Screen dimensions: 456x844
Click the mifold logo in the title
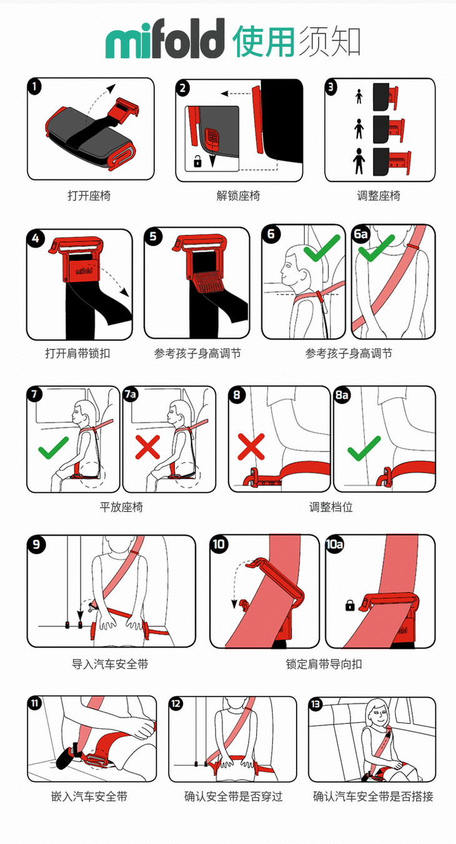(x=165, y=38)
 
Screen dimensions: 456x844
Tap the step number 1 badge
(x=34, y=87)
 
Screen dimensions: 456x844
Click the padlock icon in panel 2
(x=197, y=161)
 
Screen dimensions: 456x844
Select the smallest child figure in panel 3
(x=359, y=96)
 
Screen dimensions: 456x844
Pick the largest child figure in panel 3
(x=359, y=161)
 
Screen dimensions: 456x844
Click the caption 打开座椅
(x=89, y=196)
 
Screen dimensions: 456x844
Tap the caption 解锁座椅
(x=238, y=196)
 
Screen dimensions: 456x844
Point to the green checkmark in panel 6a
(x=377, y=248)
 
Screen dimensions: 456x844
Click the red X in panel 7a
(x=147, y=447)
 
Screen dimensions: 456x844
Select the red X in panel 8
(x=251, y=447)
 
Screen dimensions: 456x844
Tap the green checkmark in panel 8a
(x=364, y=448)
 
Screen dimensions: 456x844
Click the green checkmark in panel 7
(x=54, y=448)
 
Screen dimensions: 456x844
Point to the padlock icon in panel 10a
(x=350, y=605)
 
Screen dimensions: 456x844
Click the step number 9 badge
(x=36, y=545)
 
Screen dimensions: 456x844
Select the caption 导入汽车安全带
(x=110, y=665)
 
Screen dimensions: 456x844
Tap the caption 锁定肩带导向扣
(x=324, y=665)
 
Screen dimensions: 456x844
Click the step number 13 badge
(x=315, y=704)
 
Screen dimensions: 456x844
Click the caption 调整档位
(x=331, y=507)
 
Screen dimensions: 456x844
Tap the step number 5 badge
(x=153, y=236)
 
